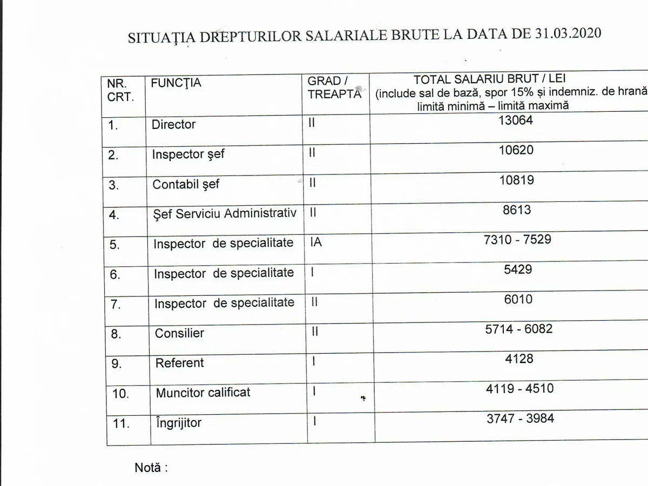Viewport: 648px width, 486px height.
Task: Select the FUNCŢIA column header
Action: (176, 83)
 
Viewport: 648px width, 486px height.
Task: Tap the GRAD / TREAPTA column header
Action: (334, 87)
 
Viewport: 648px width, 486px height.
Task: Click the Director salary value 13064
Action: (516, 120)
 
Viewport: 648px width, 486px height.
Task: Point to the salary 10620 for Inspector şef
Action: (516, 150)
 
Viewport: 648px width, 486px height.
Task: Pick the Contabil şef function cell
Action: (186, 184)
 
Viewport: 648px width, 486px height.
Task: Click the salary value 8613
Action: (517, 210)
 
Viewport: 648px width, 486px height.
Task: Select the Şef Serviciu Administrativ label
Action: (225, 213)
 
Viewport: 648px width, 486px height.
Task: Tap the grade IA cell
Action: (316, 242)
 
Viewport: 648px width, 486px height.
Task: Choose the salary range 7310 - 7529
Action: (517, 239)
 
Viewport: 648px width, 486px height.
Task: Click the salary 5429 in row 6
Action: (518, 269)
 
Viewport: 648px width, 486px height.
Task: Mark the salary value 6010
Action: (518, 299)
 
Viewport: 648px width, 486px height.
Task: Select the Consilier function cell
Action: (179, 333)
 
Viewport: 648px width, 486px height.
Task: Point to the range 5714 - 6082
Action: (519, 328)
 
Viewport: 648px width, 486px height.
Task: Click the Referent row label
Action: (179, 363)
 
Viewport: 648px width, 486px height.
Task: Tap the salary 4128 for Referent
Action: (519, 359)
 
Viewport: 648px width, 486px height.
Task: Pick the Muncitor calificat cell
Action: (203, 393)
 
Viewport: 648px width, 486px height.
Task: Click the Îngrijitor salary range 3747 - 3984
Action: (520, 418)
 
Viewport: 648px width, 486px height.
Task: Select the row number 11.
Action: (121, 423)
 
